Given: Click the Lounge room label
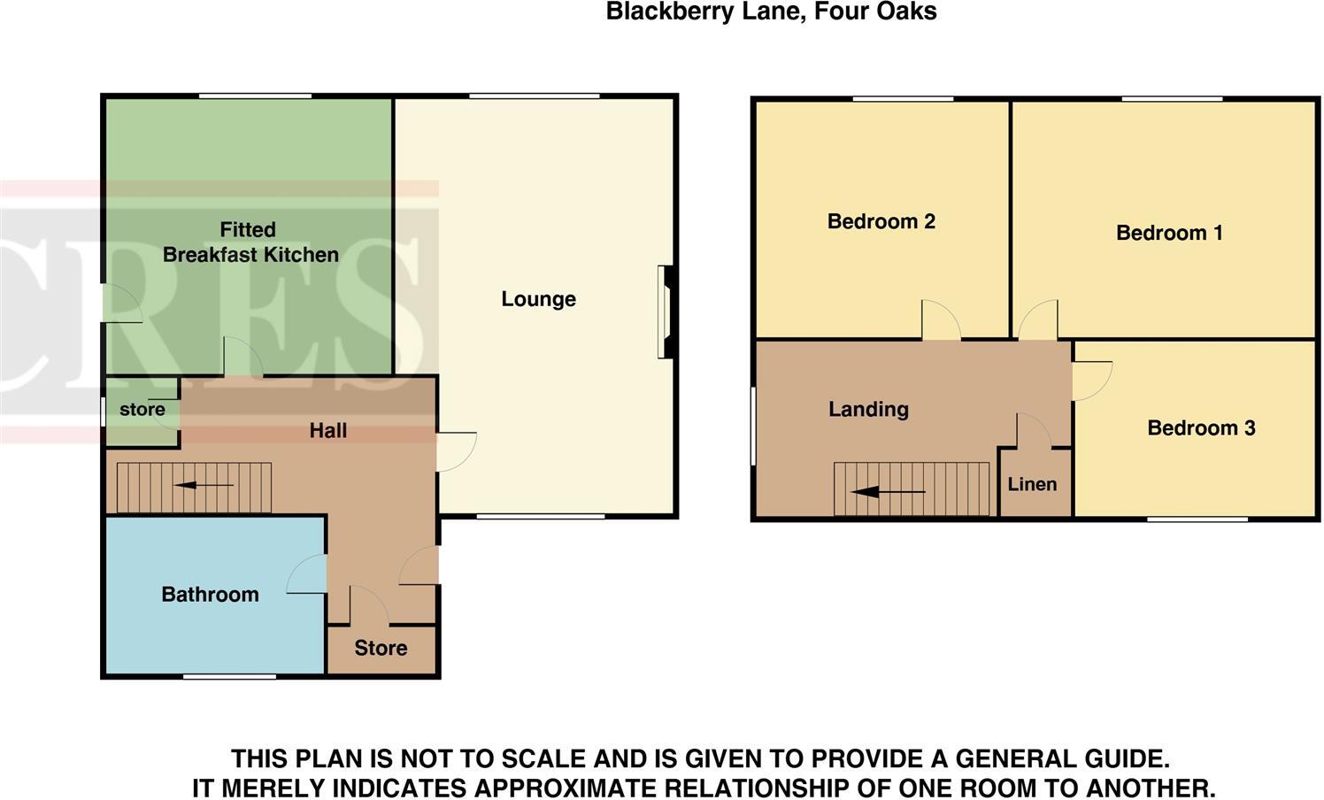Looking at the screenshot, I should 538,299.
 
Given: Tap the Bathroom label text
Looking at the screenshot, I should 210,595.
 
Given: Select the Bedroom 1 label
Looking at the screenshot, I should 1168,234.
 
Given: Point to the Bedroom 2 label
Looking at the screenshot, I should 881,221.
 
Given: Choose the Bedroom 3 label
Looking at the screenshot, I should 1200,428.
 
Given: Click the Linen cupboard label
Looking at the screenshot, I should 1032,484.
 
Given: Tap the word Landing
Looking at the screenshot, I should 868,409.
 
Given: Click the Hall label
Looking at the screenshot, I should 327,431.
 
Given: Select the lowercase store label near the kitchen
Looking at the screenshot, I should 142,410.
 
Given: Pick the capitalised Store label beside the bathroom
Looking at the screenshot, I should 381,648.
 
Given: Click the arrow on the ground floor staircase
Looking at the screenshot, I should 204,485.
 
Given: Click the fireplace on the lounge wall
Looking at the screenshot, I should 666,312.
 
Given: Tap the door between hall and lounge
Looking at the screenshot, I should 455,451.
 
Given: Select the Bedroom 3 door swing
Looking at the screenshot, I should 1091,381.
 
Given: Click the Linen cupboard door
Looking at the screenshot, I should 1033,431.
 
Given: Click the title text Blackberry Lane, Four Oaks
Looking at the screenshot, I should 771,12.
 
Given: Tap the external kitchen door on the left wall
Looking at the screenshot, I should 121,304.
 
